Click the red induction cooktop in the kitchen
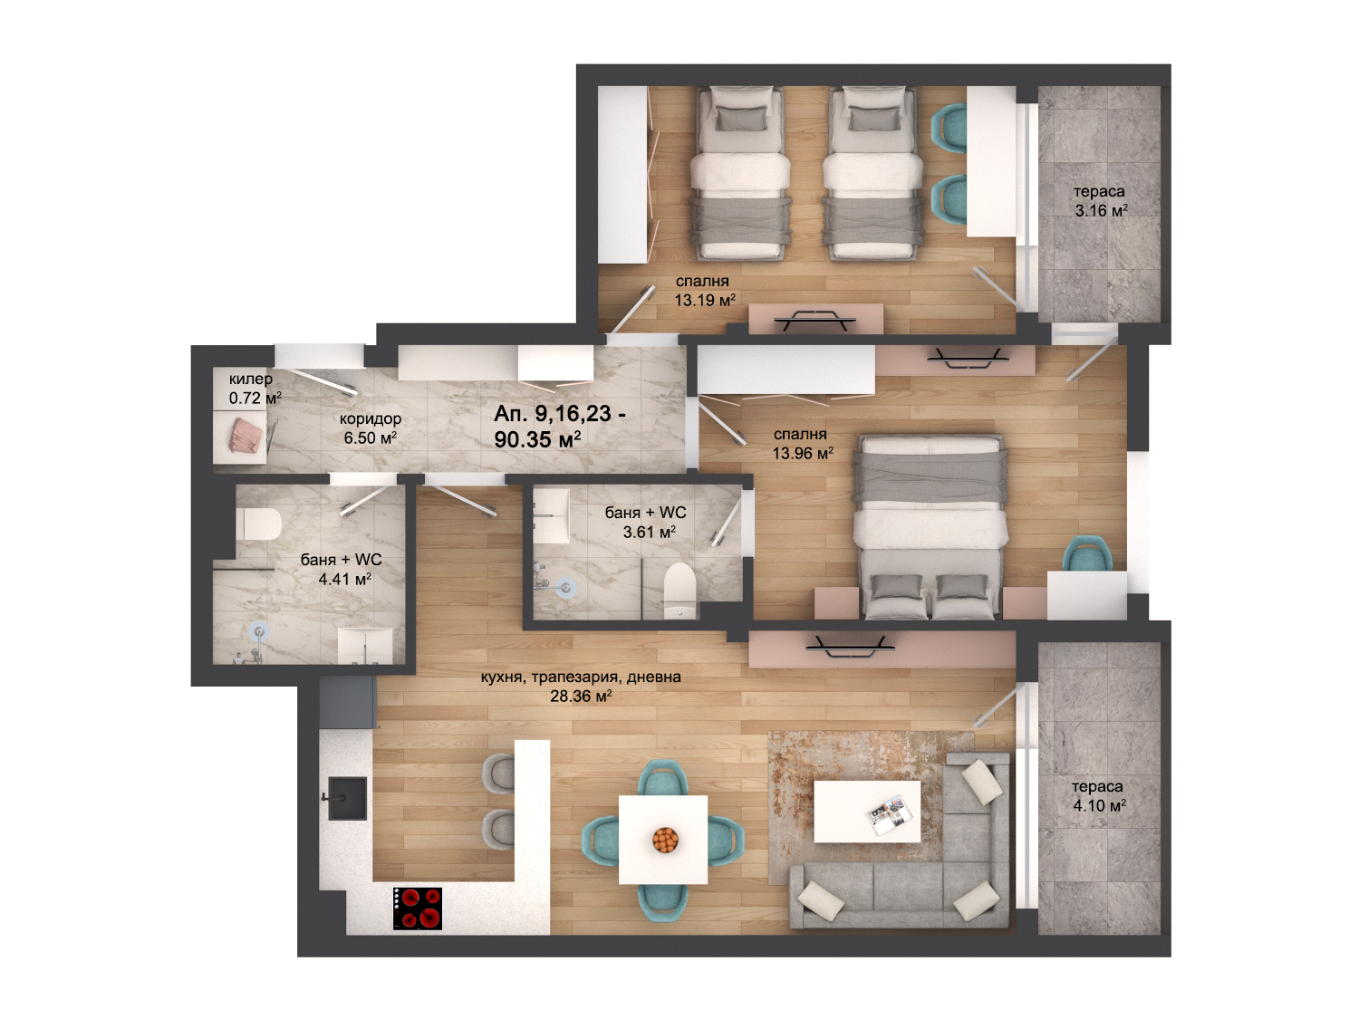(x=418, y=908)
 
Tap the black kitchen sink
(x=346, y=798)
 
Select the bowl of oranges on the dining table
(x=665, y=841)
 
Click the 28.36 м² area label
(x=581, y=696)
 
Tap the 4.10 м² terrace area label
(x=1099, y=805)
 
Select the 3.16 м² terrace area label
(x=1101, y=210)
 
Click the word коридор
(x=371, y=418)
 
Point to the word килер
(x=250, y=379)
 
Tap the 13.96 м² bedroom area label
(x=803, y=454)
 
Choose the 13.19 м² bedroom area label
(x=705, y=300)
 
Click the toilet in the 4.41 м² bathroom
(x=259, y=524)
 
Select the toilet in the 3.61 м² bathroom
(x=679, y=591)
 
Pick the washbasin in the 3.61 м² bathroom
(x=551, y=516)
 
